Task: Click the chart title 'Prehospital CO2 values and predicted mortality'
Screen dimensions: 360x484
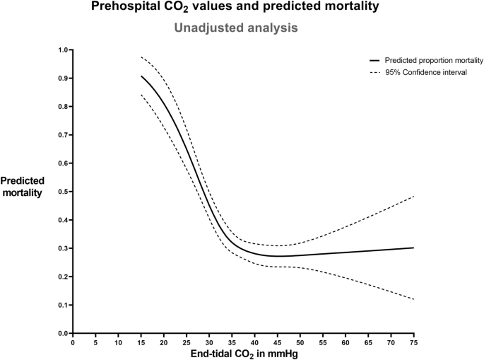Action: click(x=242, y=8)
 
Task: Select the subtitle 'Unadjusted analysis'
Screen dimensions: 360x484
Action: click(x=242, y=28)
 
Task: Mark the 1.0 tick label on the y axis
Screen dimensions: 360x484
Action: click(x=64, y=50)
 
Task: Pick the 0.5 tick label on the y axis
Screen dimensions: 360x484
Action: click(x=64, y=192)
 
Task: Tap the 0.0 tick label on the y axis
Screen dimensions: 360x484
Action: click(x=64, y=333)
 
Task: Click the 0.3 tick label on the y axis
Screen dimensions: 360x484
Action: click(x=64, y=248)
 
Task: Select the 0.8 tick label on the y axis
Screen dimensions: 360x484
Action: click(x=64, y=107)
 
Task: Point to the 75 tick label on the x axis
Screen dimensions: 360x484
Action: click(x=413, y=342)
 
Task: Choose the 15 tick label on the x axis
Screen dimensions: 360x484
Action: click(x=141, y=342)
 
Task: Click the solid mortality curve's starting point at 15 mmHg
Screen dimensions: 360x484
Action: click(x=141, y=76)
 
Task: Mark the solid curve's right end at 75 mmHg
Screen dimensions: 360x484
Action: click(x=413, y=248)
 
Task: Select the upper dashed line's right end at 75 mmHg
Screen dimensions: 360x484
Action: click(x=413, y=196)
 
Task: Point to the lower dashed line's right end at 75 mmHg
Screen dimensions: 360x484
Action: click(x=413, y=299)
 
